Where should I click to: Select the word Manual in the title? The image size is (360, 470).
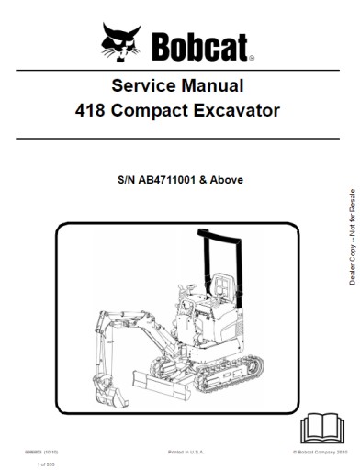point(211,89)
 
